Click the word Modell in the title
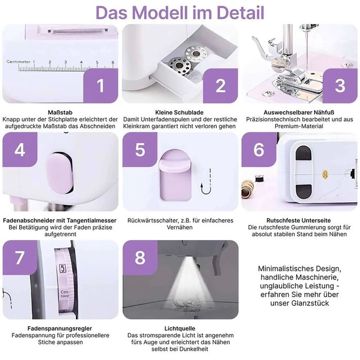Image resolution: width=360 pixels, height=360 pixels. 160,13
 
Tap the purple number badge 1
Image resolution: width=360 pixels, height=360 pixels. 100,85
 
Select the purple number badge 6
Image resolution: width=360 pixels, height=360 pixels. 259,149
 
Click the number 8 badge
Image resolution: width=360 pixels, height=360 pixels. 140,258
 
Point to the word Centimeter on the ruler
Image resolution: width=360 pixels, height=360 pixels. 19,62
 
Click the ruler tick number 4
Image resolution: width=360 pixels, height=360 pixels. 81,62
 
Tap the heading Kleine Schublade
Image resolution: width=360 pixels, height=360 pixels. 179,112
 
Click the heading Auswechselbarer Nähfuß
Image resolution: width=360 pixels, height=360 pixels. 299,112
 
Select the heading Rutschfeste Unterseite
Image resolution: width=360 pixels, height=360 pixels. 299,220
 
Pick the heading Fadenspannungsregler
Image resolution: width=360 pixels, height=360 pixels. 60,328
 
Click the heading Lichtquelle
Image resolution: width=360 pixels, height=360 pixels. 180,328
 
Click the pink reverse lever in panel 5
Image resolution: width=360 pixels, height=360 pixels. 175,175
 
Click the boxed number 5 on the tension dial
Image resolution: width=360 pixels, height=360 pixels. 62,269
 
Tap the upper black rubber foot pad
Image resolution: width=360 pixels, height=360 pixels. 303,153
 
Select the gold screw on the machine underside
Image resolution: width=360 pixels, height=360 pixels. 324,175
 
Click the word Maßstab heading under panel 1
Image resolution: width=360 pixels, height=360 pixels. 60,112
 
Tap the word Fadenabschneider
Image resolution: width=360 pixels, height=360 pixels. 29,220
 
